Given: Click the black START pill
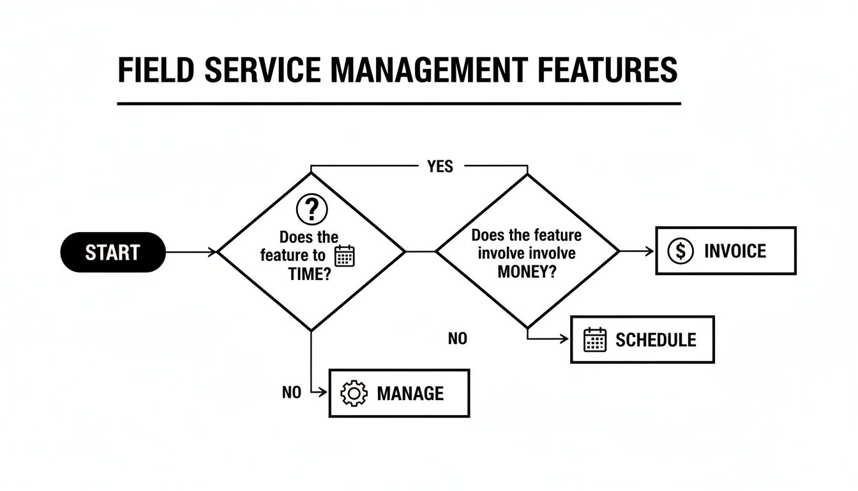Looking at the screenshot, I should pyautogui.click(x=112, y=252).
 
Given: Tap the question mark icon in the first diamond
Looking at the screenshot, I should pyautogui.click(x=312, y=209).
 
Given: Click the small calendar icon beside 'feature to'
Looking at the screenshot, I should pyautogui.click(x=345, y=256).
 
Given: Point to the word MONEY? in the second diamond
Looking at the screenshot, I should pyautogui.click(x=527, y=271).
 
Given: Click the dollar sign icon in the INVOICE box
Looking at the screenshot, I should pyautogui.click(x=680, y=251).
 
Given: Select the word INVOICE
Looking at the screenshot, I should pyautogui.click(x=735, y=251).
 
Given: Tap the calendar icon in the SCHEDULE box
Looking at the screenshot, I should pyautogui.click(x=595, y=339).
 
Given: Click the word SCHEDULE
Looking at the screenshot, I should pyautogui.click(x=656, y=339).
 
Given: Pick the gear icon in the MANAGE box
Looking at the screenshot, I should pyautogui.click(x=354, y=393).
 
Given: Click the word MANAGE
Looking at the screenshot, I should pyautogui.click(x=410, y=393).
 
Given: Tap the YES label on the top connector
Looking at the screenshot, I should pyautogui.click(x=440, y=167).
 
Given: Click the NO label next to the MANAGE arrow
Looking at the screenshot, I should pyautogui.click(x=291, y=393).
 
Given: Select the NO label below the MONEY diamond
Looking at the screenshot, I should pyautogui.click(x=458, y=339).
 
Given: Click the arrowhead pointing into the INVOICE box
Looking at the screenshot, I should pyautogui.click(x=651, y=251).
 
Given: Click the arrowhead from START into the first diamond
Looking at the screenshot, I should pyautogui.click(x=213, y=252).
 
